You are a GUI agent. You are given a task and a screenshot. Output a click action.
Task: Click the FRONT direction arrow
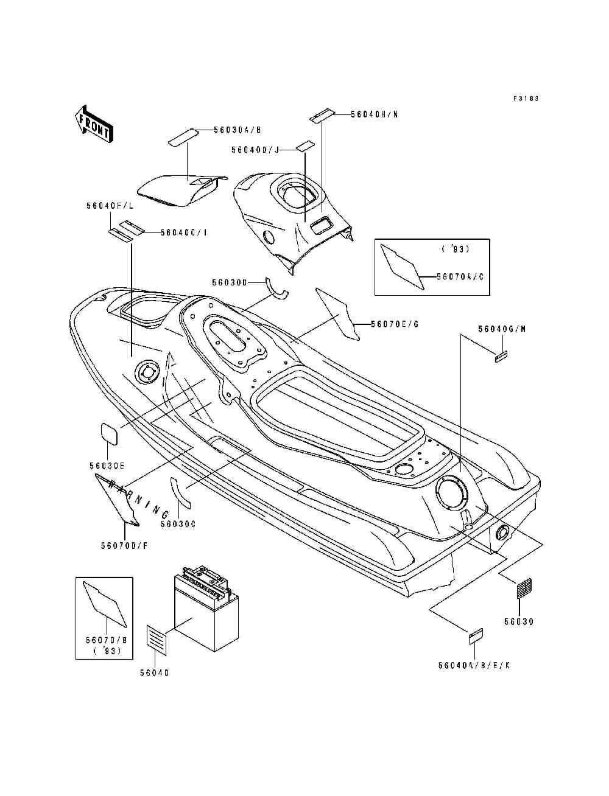click(93, 124)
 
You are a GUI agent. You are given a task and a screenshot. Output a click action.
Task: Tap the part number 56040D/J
click(255, 150)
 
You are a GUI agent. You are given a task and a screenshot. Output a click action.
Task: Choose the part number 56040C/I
click(183, 232)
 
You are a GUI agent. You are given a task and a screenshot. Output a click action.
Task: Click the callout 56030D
click(230, 282)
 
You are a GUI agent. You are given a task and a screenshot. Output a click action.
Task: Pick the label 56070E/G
click(394, 324)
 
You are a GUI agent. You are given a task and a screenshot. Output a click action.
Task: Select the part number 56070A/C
click(460, 276)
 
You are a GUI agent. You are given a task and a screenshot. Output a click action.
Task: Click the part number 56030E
click(107, 466)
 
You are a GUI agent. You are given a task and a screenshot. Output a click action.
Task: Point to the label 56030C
click(178, 523)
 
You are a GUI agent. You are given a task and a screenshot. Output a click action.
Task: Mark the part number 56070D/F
click(124, 546)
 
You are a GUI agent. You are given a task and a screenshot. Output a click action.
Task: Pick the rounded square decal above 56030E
click(109, 433)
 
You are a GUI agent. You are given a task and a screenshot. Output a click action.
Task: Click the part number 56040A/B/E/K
click(473, 666)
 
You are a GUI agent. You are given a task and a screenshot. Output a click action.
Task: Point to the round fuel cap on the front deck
click(147, 371)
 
